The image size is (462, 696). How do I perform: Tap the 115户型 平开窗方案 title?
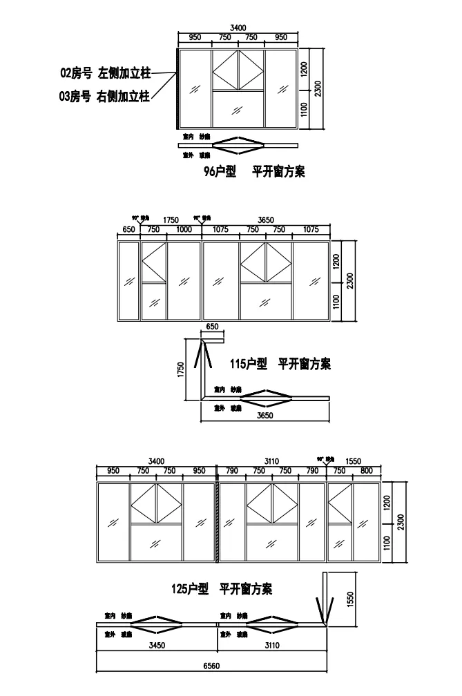click(x=280, y=363)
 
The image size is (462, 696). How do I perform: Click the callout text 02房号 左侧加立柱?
click(x=105, y=72)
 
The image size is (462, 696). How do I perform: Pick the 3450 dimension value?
click(x=157, y=646)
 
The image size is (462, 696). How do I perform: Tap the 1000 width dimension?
click(x=184, y=230)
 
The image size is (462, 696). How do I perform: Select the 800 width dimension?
click(x=366, y=471)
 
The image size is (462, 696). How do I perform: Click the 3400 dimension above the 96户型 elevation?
click(x=238, y=27)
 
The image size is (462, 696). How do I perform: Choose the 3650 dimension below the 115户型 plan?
click(x=265, y=416)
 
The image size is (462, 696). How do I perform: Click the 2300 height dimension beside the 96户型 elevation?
click(x=317, y=88)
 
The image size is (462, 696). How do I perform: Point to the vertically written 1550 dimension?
click(x=350, y=599)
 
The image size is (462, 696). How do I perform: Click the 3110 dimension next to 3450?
click(x=272, y=646)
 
